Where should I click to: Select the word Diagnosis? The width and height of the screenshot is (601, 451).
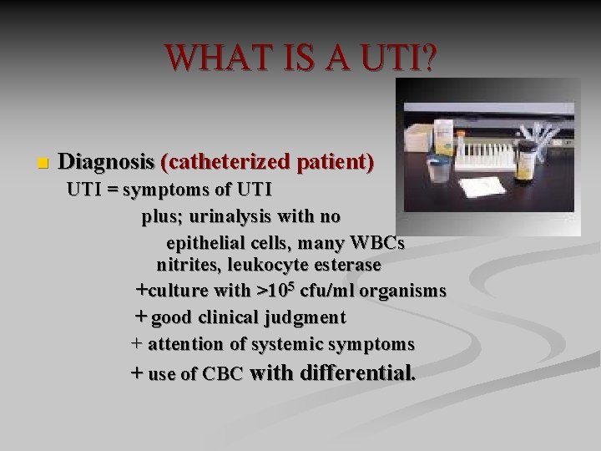pyautogui.click(x=108, y=160)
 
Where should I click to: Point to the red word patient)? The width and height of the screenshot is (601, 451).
pyautogui.click(x=331, y=160)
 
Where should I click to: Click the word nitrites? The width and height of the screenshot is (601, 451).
pyautogui.click(x=187, y=266)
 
